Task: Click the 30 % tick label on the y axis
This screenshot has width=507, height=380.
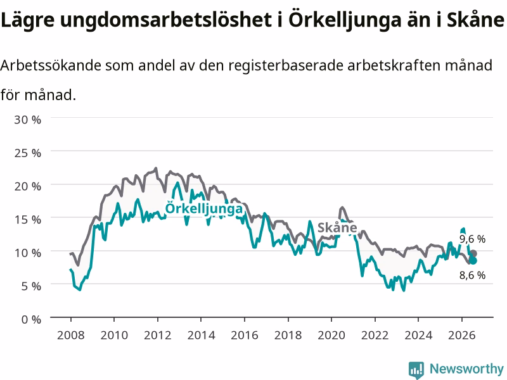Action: pos(27,120)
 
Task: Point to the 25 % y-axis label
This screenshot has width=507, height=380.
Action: pos(27,153)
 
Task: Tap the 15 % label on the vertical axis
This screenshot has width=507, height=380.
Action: pos(27,219)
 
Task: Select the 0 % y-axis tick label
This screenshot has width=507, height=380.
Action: pos(31,319)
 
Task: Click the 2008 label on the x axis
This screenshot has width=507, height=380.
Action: pos(70,335)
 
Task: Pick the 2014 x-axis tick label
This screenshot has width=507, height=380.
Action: pos(201,335)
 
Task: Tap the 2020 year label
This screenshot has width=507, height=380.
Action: pos(331,335)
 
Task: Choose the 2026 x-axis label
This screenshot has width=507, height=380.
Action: pos(462,335)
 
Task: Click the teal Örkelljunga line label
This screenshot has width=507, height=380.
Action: pos(203,208)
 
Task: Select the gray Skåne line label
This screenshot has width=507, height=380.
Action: pos(337,227)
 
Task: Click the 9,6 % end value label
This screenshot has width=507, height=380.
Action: pos(472,239)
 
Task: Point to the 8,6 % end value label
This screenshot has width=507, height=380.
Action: pos(472,275)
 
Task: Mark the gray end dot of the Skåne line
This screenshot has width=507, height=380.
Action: pos(473,253)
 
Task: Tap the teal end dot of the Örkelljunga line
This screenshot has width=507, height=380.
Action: pos(473,260)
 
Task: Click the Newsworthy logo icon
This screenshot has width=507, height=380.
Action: pos(416,370)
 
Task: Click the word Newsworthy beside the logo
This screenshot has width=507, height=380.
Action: pos(466,369)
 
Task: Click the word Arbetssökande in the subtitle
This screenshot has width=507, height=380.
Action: pos(51,65)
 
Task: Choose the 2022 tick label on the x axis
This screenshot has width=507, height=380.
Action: pos(375,335)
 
